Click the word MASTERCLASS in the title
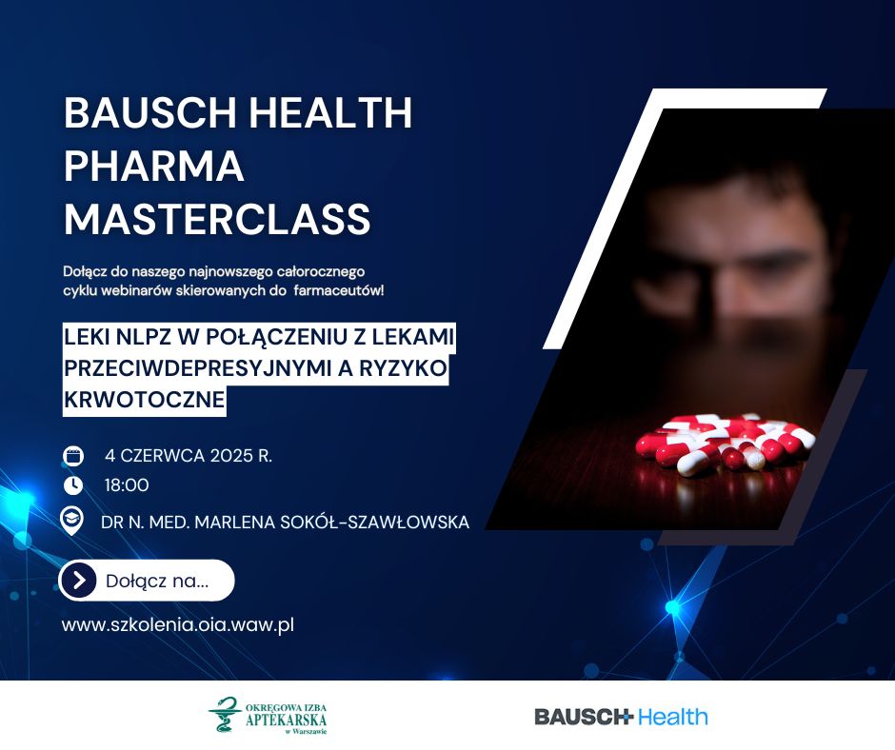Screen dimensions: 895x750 click(x=217, y=219)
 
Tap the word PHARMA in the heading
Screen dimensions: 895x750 click(x=154, y=166)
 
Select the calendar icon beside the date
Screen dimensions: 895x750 click(x=73, y=456)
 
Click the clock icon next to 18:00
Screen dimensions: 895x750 click(x=73, y=485)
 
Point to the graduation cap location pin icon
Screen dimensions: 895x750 click(x=72, y=522)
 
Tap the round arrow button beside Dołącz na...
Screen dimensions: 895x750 click(x=79, y=581)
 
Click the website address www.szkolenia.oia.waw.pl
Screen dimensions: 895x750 click(x=177, y=624)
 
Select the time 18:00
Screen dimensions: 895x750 click(x=127, y=485)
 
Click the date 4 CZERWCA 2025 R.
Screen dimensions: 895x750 click(x=189, y=456)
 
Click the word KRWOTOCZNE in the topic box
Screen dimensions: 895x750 click(x=145, y=400)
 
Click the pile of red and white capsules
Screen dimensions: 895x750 click(x=725, y=444)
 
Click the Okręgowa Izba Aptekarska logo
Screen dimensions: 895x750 click(x=268, y=716)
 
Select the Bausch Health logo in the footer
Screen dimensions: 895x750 click(x=621, y=717)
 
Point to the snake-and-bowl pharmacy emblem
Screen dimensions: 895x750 click(x=225, y=715)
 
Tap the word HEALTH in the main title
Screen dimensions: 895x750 click(x=330, y=112)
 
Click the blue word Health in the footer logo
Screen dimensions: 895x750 click(x=672, y=717)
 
